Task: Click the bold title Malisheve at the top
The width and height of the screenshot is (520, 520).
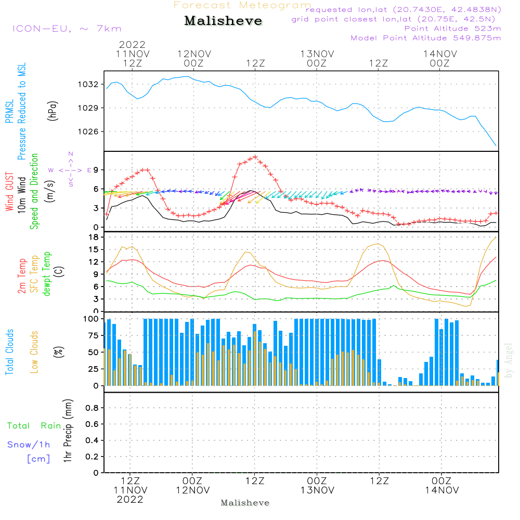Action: click(x=224, y=21)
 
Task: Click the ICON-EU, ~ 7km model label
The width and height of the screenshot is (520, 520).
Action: click(x=67, y=29)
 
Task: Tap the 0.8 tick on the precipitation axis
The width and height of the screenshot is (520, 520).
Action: click(x=92, y=408)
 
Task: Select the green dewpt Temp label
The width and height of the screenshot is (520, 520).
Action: click(x=47, y=274)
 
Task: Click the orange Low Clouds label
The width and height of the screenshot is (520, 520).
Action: click(x=35, y=352)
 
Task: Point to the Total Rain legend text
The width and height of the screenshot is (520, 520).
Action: click(x=34, y=426)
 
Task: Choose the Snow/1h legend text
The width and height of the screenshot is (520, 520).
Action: click(x=29, y=445)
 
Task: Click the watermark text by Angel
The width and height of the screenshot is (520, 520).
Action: click(x=509, y=361)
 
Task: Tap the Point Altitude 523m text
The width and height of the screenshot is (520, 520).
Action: click(x=452, y=28)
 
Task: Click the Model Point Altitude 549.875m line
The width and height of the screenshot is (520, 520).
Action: click(x=426, y=38)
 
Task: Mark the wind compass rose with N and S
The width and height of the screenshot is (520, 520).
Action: click(x=70, y=170)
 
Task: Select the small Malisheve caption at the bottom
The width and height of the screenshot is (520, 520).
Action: click(x=245, y=503)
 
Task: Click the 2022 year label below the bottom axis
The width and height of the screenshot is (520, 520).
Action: click(x=129, y=499)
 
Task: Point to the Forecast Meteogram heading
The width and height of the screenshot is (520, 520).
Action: click(x=242, y=5)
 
